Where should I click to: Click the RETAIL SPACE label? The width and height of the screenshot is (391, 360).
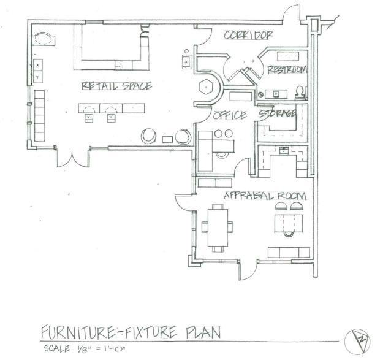pyautogui.click(x=116, y=86)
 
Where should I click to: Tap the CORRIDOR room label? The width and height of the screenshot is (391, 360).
pyautogui.click(x=248, y=35)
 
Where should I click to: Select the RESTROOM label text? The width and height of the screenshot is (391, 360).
pyautogui.click(x=287, y=69)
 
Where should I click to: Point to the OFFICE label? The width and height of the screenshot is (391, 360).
pyautogui.click(x=230, y=115)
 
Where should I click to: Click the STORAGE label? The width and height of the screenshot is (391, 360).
pyautogui.click(x=277, y=113)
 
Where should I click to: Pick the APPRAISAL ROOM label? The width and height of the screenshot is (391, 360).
pyautogui.click(x=265, y=196)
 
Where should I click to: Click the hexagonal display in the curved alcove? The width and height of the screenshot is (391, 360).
pyautogui.click(x=206, y=86)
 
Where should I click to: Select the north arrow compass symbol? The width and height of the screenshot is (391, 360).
pyautogui.click(x=357, y=342)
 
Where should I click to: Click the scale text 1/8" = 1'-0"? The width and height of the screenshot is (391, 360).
pyautogui.click(x=100, y=348)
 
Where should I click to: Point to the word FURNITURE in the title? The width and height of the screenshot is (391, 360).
pyautogui.click(x=77, y=332)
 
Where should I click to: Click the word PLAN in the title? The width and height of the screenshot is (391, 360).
pyautogui.click(x=203, y=332)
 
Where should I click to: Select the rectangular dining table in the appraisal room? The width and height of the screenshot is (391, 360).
pyautogui.click(x=218, y=228)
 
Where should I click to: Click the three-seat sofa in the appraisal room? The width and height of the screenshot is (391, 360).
pyautogui.click(x=289, y=252)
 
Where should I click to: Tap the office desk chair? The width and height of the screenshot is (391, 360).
pyautogui.click(x=222, y=155)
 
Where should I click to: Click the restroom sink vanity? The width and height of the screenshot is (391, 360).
pyautogui.click(x=276, y=94)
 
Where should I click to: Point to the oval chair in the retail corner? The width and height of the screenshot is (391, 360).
pyautogui.click(x=43, y=39)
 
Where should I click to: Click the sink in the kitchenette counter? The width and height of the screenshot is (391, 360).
pyautogui.click(x=284, y=151)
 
